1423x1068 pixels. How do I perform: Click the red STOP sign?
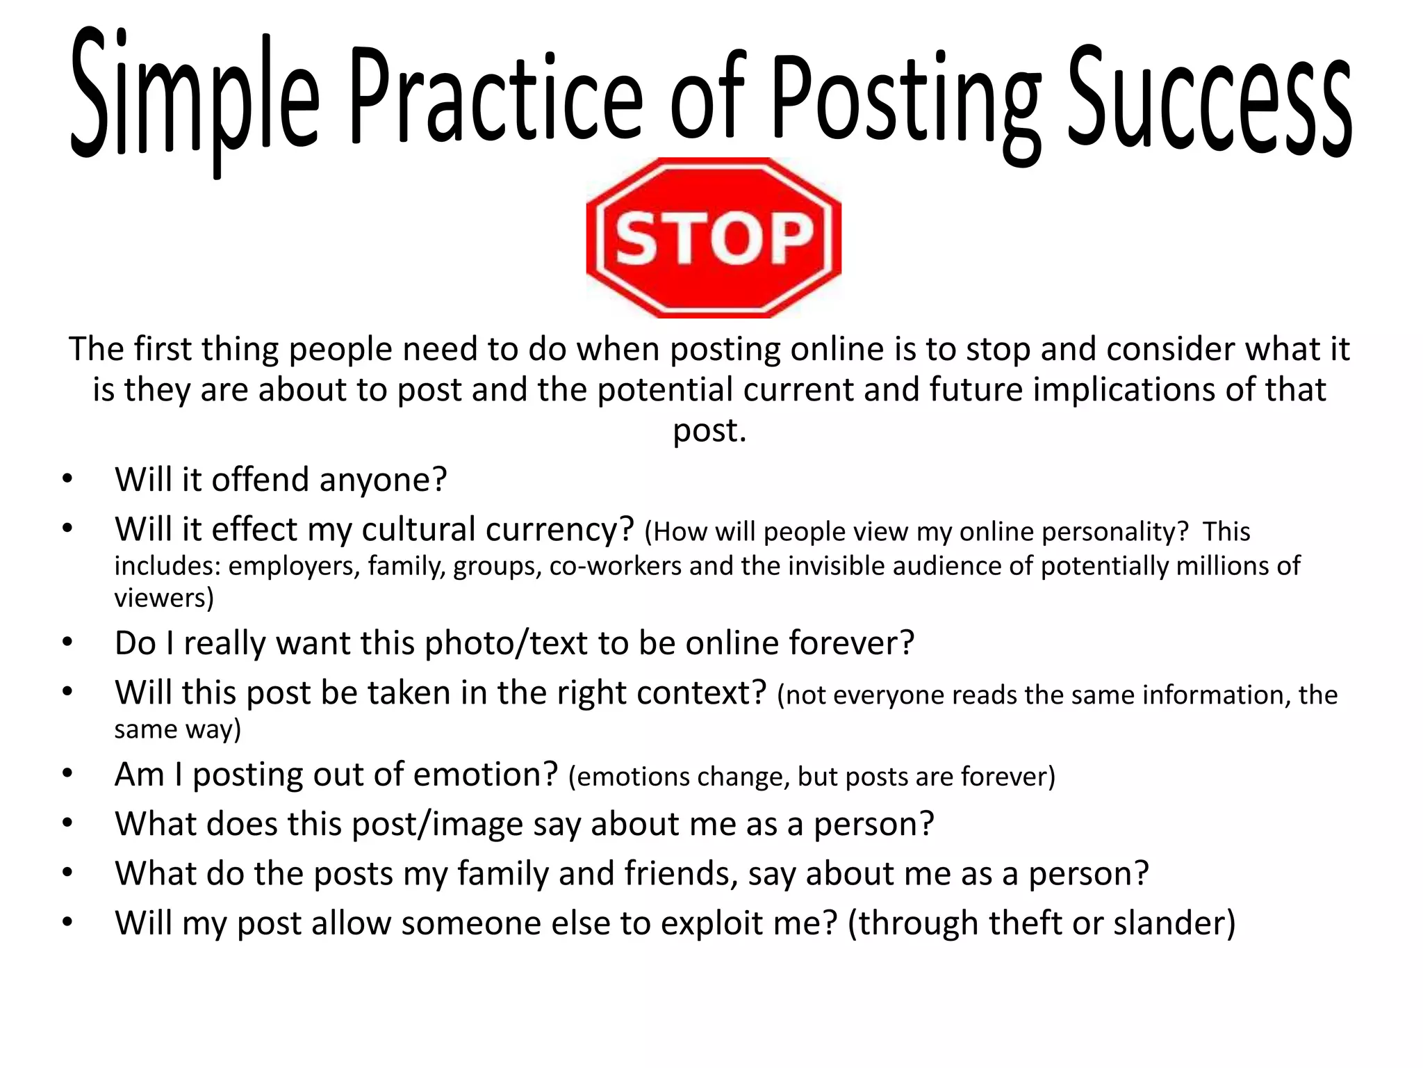714,238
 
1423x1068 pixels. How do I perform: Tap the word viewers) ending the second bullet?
164,598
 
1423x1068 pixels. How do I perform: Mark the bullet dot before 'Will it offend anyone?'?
67,479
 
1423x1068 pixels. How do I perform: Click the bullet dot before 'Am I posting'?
67,774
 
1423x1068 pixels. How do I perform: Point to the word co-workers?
615,566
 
